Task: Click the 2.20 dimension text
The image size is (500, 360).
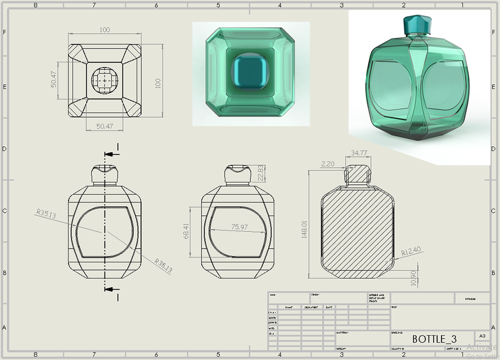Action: (x=327, y=164)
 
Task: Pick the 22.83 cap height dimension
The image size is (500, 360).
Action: (x=260, y=173)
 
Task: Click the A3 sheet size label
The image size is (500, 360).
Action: (x=482, y=335)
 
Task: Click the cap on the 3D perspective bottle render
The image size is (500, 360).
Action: (x=417, y=24)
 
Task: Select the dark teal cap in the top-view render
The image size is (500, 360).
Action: (x=250, y=73)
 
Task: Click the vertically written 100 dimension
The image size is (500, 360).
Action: (x=158, y=83)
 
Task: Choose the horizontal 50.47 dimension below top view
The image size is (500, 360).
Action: (x=104, y=127)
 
